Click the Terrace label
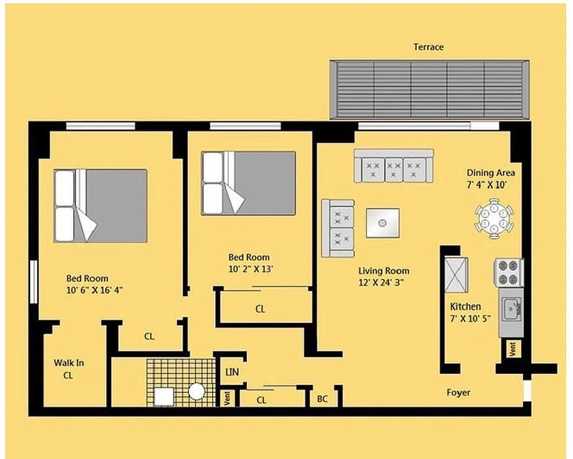coord(428,47)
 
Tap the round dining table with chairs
coord(494,218)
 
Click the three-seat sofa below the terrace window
coord(394,166)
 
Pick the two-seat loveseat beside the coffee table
coord(338,228)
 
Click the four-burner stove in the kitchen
coord(509,273)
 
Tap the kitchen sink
coord(510,310)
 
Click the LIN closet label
coord(232,372)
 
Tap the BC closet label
coord(322,398)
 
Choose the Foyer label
coord(458,392)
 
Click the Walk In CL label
coord(69,369)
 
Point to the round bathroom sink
coord(197,391)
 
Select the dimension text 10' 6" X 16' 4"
coord(94,290)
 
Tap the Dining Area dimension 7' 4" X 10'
coord(490,184)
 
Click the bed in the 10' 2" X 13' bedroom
coord(248,183)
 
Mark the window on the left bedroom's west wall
coord(33,281)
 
